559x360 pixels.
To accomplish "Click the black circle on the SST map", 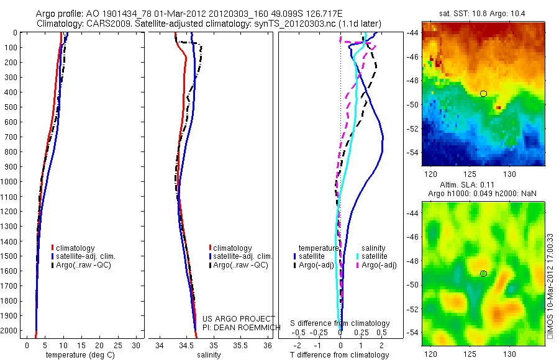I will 483,94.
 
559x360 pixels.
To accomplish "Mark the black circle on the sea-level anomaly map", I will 483,273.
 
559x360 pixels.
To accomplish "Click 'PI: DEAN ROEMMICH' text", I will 239,327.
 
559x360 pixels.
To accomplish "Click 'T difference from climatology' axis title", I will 340,355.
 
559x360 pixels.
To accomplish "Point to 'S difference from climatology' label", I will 340,323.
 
